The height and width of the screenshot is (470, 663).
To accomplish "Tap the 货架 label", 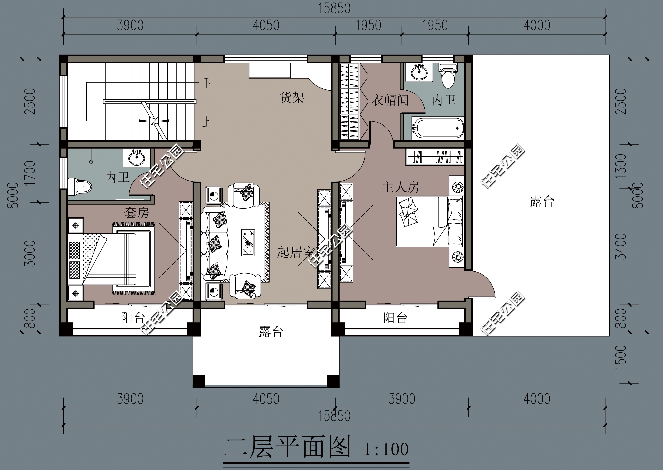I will pyautogui.click(x=292, y=98).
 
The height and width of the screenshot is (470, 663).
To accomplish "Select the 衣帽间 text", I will pyautogui.click(x=390, y=100).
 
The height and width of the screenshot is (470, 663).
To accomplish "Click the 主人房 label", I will pyautogui.click(x=400, y=187).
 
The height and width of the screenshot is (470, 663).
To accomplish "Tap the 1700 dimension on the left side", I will pyautogui.click(x=30, y=173).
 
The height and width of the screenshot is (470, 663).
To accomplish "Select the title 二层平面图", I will pyautogui.click(x=287, y=447).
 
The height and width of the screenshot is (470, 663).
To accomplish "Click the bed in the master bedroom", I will pyautogui.click(x=430, y=221).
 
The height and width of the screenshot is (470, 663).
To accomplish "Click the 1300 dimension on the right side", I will pyautogui.click(x=621, y=166).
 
